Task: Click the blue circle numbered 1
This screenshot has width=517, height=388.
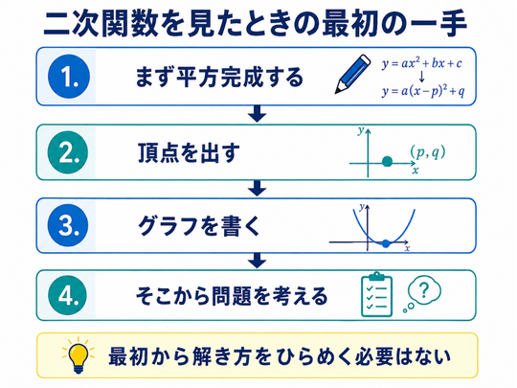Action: tap(69, 77)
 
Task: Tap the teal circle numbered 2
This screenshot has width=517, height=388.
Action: tap(68, 152)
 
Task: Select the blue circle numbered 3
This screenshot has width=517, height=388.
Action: tap(68, 225)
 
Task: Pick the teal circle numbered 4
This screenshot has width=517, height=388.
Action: tap(68, 295)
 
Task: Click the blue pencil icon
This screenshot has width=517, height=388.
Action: tap(352, 74)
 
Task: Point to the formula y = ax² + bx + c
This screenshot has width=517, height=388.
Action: tap(422, 63)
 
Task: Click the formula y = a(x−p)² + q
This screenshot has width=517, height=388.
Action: tap(423, 91)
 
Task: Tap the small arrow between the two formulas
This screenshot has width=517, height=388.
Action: tap(421, 77)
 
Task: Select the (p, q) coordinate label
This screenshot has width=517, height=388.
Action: tap(428, 152)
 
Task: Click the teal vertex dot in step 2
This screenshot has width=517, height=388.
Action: tap(388, 162)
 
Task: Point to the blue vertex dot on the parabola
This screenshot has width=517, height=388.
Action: tap(386, 244)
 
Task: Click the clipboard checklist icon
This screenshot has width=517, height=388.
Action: tap(377, 295)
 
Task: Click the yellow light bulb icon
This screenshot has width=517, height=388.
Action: tap(79, 355)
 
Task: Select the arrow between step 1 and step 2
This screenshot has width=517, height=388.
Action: tap(258, 114)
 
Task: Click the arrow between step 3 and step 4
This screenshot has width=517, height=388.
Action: tap(258, 261)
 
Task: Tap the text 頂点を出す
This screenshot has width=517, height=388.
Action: tap(189, 152)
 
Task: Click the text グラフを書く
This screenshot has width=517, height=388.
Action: tap(199, 226)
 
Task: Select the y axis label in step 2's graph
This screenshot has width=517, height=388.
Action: tap(361, 131)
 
